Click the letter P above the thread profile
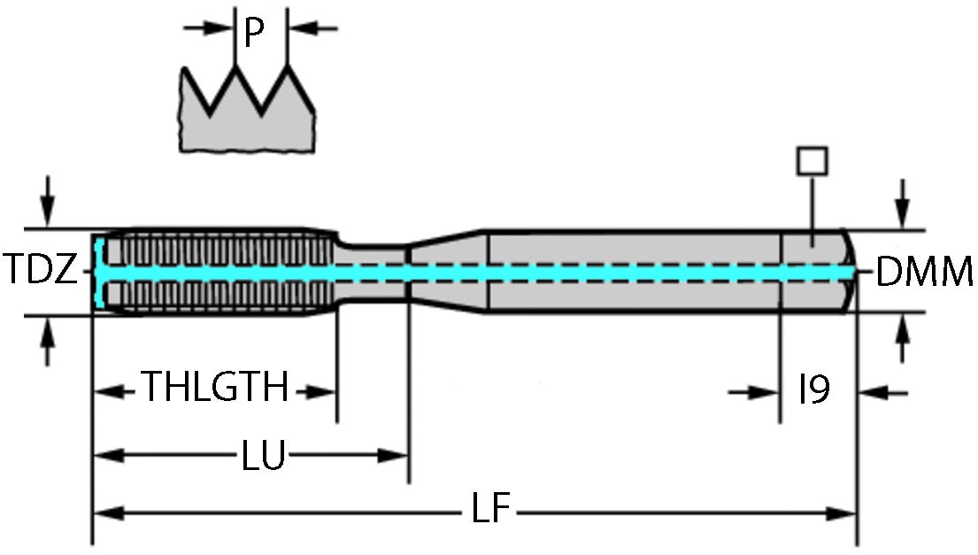[x=255, y=33]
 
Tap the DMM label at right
[x=924, y=274]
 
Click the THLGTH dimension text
[x=216, y=388]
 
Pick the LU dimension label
[x=263, y=456]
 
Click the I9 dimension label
[x=813, y=389]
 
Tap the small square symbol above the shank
[x=812, y=161]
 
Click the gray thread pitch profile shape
[x=248, y=124]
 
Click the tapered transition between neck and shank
[x=447, y=270]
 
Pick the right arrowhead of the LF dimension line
[x=841, y=512]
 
